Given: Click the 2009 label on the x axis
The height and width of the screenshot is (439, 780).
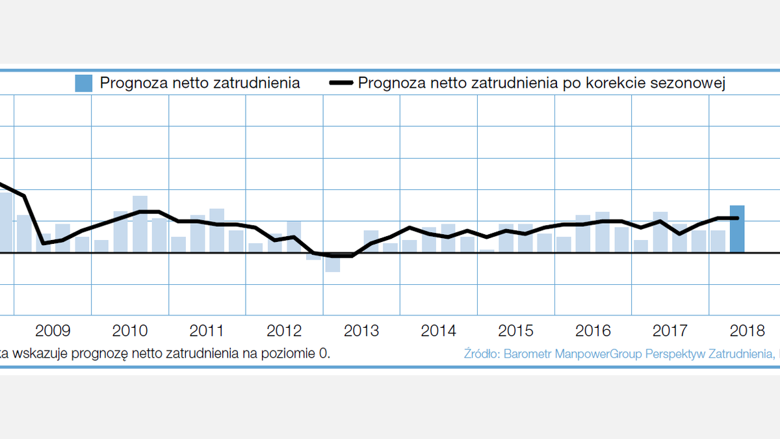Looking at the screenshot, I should (53, 330).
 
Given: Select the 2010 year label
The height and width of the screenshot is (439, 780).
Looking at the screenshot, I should (130, 330).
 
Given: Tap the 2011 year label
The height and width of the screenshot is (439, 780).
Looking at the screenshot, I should (207, 330).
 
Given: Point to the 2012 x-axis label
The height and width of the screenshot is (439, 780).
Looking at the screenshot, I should (284, 330).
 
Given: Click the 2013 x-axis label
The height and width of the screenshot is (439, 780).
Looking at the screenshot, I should (361, 330).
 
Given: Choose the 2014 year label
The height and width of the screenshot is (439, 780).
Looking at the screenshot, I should (439, 330).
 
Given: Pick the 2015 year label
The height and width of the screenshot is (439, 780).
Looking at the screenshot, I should (516, 330).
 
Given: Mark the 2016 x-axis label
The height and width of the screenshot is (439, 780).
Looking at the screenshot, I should (593, 330).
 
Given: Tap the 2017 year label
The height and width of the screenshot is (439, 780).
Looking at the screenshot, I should (670, 330).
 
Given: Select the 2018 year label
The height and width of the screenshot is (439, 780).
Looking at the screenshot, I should (747, 330).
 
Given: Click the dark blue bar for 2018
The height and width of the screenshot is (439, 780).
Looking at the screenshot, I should (737, 229).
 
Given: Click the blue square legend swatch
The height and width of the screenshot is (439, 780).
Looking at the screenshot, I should (84, 83).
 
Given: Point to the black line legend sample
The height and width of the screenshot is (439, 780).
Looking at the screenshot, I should (341, 83).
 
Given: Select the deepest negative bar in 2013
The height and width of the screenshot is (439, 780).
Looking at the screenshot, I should (333, 262).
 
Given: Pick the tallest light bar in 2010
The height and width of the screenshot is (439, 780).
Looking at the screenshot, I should (140, 224).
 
